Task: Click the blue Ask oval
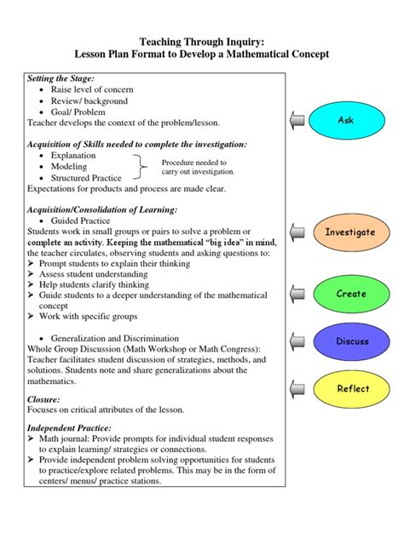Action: click(345, 120)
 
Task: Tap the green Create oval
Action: click(350, 294)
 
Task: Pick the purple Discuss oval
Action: click(352, 341)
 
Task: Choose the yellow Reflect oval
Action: click(352, 389)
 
